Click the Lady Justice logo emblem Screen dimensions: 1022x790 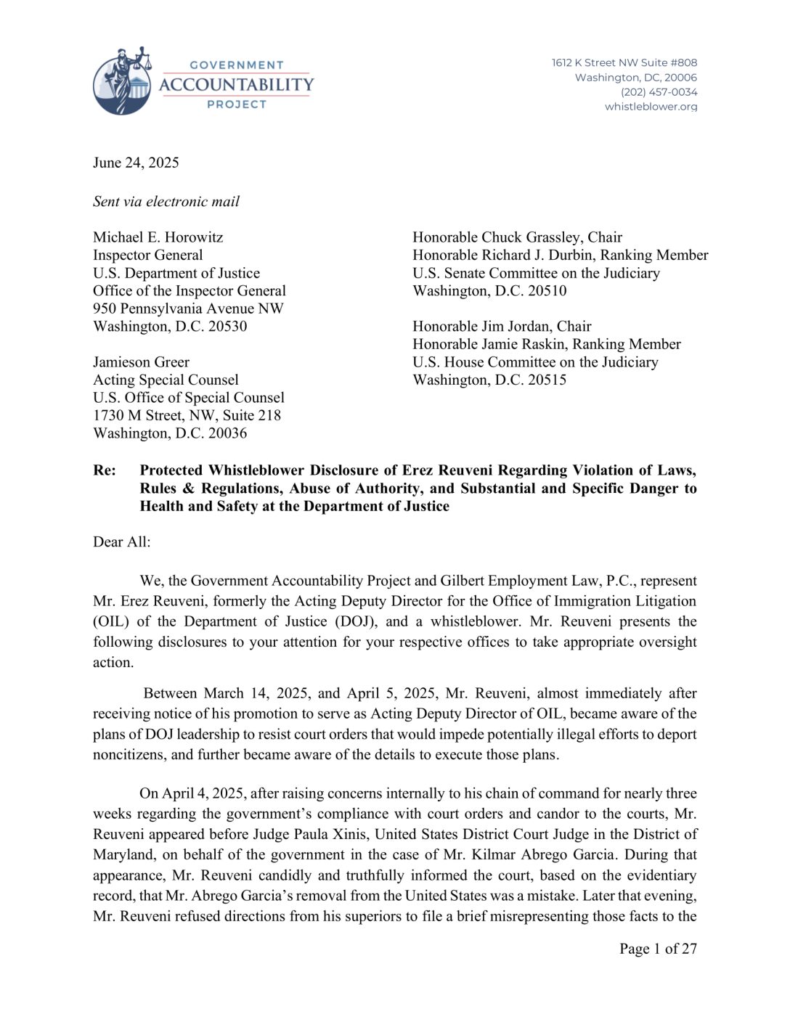pos(123,81)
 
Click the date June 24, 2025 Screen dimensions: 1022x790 pos(136,163)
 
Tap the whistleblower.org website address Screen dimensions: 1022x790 pos(651,107)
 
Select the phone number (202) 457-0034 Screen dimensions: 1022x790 pos(659,92)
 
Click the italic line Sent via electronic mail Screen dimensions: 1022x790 pos(166,202)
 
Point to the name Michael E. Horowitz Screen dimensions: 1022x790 pos(158,237)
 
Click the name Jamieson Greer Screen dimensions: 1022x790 pos(141,362)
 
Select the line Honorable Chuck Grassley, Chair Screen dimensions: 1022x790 pos(517,237)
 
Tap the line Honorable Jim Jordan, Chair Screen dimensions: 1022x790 pos(502,327)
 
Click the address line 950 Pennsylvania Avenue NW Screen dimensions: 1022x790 pos(188,308)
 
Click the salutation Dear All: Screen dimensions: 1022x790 pos(121,541)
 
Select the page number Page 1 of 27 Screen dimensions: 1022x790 pos(658,949)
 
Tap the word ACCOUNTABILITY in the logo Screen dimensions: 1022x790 pos(236,85)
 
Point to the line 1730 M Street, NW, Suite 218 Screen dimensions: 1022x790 pos(187,415)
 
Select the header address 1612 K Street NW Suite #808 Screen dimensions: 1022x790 pos(624,63)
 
